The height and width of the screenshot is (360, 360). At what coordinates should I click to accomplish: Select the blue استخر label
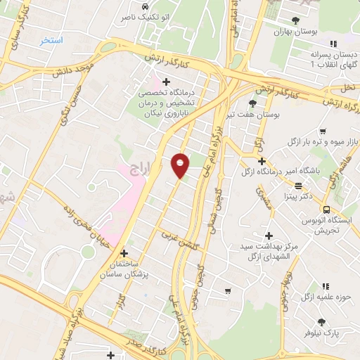pos(51,41)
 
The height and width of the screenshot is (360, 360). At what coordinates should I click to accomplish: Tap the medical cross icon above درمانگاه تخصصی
pos(166,82)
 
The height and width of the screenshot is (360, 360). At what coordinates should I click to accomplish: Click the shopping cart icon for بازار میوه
pos(322,131)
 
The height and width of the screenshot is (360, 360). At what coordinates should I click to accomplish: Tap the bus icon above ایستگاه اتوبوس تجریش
pos(326,210)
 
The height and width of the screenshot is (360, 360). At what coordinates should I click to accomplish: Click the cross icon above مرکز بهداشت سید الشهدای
pos(269,236)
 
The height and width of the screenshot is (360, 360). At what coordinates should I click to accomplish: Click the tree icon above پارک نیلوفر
pos(322,321)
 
